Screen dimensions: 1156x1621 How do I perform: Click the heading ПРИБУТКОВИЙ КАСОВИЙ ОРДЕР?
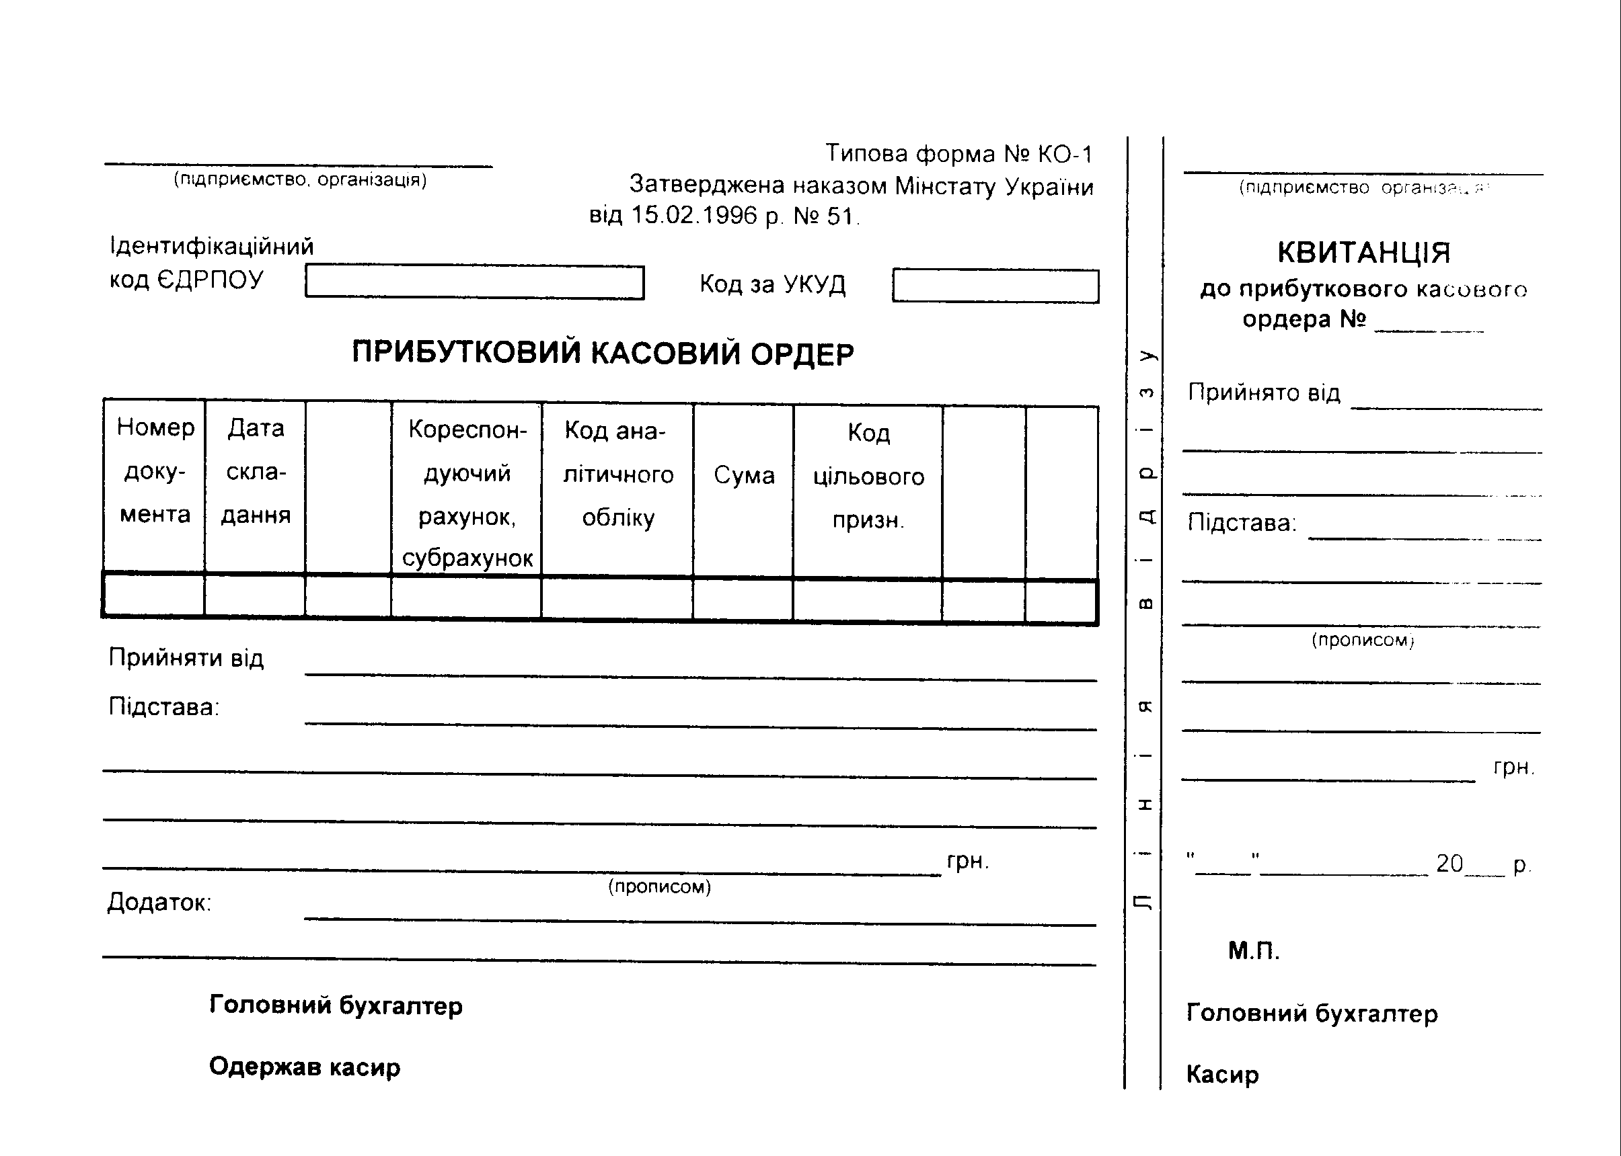[x=603, y=353]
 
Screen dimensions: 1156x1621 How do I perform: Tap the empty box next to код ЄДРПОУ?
[x=474, y=282]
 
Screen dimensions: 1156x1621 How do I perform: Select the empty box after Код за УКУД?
[x=995, y=286]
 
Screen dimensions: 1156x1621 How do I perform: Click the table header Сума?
[x=743, y=475]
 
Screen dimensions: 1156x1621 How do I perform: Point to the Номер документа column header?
[x=155, y=470]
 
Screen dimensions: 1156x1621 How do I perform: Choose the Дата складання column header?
[x=256, y=471]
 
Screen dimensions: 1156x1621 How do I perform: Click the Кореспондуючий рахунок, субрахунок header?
[x=467, y=493]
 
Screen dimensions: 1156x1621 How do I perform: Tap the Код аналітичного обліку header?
[x=617, y=474]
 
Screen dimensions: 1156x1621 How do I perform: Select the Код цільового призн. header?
[x=868, y=477]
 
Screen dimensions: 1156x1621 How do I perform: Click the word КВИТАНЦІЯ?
[x=1363, y=253]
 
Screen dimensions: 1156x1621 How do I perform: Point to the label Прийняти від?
[x=186, y=658]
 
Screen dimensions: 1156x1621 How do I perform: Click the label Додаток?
[x=159, y=903]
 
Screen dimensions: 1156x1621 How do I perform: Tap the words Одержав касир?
[x=305, y=1067]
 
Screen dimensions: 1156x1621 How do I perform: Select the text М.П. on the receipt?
[x=1254, y=951]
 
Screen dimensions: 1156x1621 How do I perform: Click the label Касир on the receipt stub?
[x=1222, y=1075]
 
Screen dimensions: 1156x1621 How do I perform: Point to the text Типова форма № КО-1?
[x=958, y=154]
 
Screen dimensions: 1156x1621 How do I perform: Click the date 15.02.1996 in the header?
[x=693, y=215]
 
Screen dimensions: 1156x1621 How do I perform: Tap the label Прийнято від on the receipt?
[x=1263, y=393]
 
